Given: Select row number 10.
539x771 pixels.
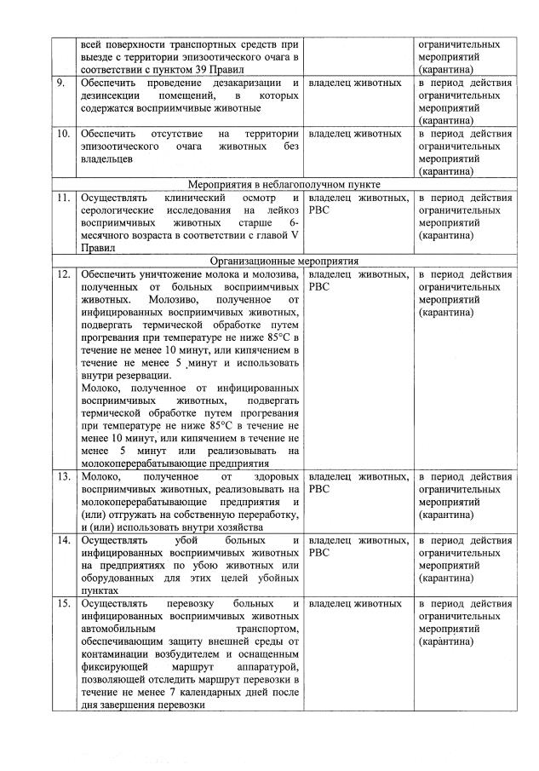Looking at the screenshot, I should [x=62, y=135].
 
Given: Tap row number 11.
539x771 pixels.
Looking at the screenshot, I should [x=62, y=198].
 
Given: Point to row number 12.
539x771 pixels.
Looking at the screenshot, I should [x=62, y=274].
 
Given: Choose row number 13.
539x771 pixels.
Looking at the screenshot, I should [x=62, y=477].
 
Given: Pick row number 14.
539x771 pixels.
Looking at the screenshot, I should [x=62, y=541].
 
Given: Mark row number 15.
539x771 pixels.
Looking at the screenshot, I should [x=62, y=604].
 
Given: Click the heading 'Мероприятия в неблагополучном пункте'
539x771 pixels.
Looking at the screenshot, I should [x=284, y=184].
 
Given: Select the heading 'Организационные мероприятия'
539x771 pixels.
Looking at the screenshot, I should [x=284, y=261].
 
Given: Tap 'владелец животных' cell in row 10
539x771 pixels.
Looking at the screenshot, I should [x=355, y=135].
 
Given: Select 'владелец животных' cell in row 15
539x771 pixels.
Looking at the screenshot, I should [x=355, y=604].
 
